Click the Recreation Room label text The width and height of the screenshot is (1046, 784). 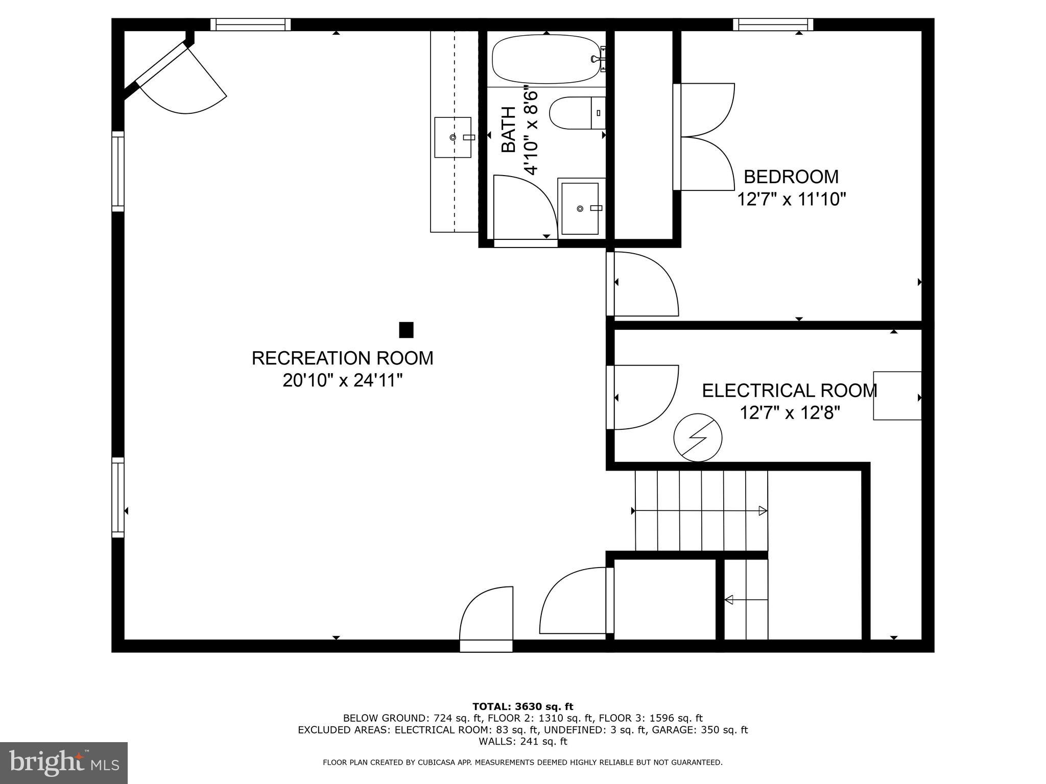pos(342,358)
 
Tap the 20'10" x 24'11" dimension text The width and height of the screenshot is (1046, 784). pos(342,381)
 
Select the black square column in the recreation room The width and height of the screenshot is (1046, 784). pos(406,330)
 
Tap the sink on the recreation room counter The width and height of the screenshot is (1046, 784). pos(453,137)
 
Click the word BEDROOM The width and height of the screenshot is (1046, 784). pos(791,177)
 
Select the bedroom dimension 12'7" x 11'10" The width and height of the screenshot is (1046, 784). pos(791,200)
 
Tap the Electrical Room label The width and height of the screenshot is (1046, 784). pos(789,391)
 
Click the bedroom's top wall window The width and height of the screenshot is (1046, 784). pos(773,24)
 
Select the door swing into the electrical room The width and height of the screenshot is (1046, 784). pos(645,397)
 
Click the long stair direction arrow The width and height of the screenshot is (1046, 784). pos(700,511)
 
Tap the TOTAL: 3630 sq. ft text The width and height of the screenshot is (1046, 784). pos(522,707)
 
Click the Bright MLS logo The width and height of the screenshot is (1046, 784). pos(63,763)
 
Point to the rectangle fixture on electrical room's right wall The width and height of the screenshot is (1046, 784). pos(897,396)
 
